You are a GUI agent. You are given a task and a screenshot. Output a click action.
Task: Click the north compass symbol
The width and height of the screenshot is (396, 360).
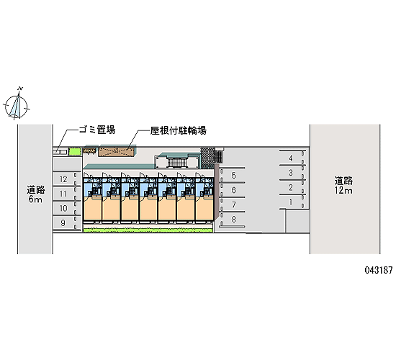pyautogui.click(x=16, y=106)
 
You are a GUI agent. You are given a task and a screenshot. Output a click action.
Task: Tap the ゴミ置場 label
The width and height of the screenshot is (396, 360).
pyautogui.click(x=97, y=130)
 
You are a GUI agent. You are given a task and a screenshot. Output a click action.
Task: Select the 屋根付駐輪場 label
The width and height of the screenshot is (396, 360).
pyautogui.click(x=179, y=130)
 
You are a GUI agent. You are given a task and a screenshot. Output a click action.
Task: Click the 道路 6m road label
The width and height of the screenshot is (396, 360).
pyautogui.click(x=35, y=194)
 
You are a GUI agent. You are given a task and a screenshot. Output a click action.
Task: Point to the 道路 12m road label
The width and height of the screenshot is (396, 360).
pyautogui.click(x=343, y=186)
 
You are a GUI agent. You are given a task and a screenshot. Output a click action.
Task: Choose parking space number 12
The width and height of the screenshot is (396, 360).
pyautogui.click(x=63, y=179)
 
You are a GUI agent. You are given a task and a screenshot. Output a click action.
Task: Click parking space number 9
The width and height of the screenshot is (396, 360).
pyautogui.click(x=63, y=222)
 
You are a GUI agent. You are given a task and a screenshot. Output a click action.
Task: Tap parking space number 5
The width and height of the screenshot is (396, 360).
pyautogui.click(x=233, y=176)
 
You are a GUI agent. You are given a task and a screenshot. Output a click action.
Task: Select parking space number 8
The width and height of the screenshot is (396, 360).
pyautogui.click(x=233, y=220)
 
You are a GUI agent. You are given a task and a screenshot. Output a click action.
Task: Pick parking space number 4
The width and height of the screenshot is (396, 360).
pyautogui.click(x=291, y=158)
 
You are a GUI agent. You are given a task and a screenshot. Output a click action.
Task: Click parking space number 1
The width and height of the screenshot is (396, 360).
pyautogui.click(x=291, y=202)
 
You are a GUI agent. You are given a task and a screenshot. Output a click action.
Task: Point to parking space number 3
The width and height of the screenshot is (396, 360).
pyautogui.click(x=291, y=173)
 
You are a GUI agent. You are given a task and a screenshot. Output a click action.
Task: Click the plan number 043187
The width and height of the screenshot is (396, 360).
pyautogui.click(x=378, y=270)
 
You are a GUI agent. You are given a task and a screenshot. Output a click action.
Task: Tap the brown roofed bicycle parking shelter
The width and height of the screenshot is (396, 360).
pyautogui.click(x=116, y=152)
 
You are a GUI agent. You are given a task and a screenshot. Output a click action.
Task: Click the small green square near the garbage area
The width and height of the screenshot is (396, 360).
pyautogui.click(x=75, y=152)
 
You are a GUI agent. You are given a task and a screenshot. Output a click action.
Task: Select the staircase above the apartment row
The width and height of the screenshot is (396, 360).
pyautogui.click(x=177, y=162)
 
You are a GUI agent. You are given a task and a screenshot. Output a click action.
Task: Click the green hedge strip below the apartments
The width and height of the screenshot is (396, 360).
pyautogui.click(x=148, y=230)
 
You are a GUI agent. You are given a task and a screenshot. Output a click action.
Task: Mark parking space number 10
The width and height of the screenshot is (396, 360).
pyautogui.click(x=63, y=208)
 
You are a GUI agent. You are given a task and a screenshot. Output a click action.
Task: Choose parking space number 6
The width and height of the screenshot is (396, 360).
pyautogui.click(x=233, y=190)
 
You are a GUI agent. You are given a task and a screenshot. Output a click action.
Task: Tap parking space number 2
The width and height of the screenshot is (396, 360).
pyautogui.click(x=291, y=187)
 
